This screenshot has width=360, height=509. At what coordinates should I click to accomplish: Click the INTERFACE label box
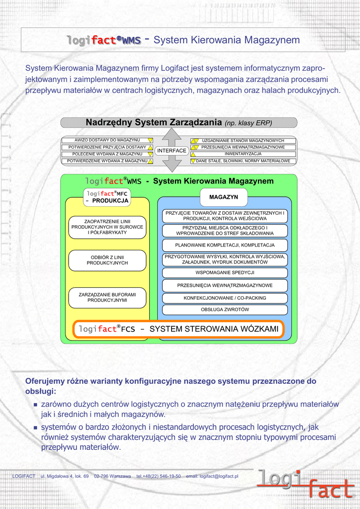pyautogui.click(x=172, y=151)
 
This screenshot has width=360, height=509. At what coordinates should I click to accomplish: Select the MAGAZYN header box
pyautogui.click(x=223, y=197)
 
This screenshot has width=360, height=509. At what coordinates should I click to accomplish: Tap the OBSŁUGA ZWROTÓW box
pyautogui.click(x=225, y=310)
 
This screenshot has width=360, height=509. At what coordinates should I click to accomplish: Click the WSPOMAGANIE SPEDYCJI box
pyautogui.click(x=225, y=272)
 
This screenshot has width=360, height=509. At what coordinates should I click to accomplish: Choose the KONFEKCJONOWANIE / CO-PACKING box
pyautogui.click(x=225, y=298)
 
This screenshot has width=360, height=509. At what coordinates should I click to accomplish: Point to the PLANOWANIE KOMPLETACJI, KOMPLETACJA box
pyautogui.click(x=225, y=245)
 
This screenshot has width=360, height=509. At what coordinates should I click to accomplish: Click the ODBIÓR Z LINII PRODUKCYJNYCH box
pyautogui.click(x=107, y=260)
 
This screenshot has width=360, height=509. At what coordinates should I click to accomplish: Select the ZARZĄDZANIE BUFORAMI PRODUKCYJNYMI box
pyautogui.click(x=107, y=297)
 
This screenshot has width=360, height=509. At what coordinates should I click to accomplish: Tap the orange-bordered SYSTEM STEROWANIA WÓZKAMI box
pyautogui.click(x=179, y=329)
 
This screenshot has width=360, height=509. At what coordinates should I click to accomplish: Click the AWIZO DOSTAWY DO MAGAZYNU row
pyautogui.click(x=107, y=140)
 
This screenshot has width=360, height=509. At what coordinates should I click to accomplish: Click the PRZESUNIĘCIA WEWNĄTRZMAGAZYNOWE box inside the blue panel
pyautogui.click(x=225, y=285)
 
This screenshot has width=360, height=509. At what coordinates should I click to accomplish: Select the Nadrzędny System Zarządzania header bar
pyautogui.click(x=179, y=122)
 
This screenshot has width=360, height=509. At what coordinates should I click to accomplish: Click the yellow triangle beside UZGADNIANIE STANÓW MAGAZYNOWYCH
pyautogui.click(x=194, y=141)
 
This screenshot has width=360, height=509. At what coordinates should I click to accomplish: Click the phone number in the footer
pyautogui.click(x=159, y=476)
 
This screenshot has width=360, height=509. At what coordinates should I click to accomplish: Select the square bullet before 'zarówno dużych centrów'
pyautogui.click(x=35, y=405)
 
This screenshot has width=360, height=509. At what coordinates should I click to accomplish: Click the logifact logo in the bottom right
pyautogui.click(x=305, y=484)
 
